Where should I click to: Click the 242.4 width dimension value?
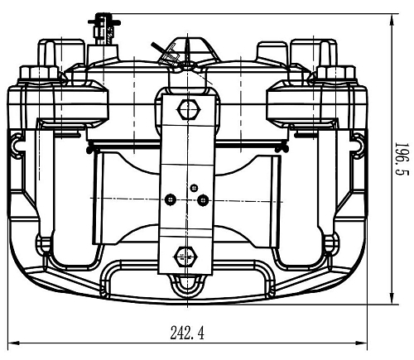click(x=187, y=333)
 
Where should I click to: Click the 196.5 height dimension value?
click(x=402, y=159)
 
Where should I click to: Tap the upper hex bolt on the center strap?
click(x=188, y=110)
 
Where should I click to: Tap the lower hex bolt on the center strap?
click(x=185, y=257)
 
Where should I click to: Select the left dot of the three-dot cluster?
click(x=170, y=199)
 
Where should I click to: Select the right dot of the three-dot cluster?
click(x=203, y=199)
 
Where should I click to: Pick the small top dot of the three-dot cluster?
click(x=195, y=188)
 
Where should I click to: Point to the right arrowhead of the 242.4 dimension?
click(x=361, y=343)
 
